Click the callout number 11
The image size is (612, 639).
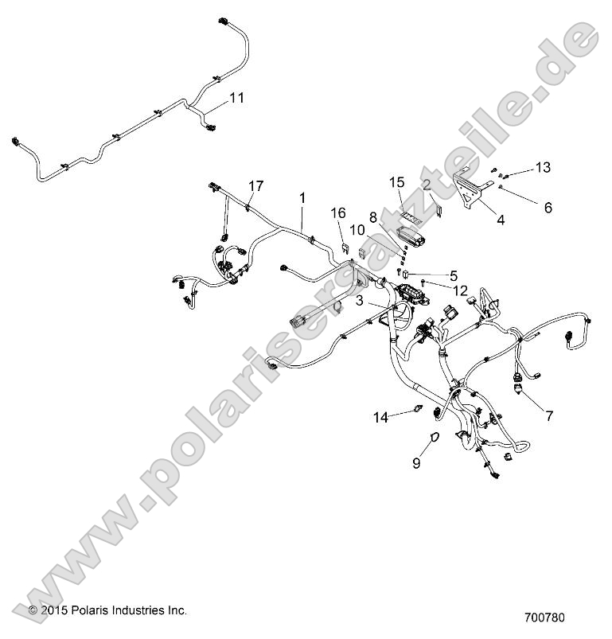(x=236, y=98)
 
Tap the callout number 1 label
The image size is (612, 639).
(x=302, y=196)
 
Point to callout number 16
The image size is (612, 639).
(x=338, y=212)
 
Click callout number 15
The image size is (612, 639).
(x=397, y=182)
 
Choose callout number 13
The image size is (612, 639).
(x=543, y=167)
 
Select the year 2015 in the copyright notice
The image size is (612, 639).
(x=53, y=610)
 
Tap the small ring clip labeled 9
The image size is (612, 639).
(x=434, y=437)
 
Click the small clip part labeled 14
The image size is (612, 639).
(x=415, y=411)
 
